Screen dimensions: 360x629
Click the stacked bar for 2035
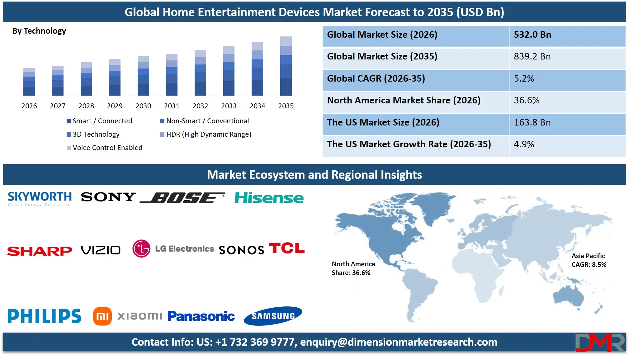click(x=286, y=66)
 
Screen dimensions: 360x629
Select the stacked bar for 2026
click(x=29, y=82)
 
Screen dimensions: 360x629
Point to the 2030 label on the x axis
click(x=143, y=106)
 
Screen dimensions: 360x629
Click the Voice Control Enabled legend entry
click(x=104, y=148)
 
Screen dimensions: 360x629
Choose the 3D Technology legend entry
click(x=93, y=134)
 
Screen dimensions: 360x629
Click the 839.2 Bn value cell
click(x=532, y=56)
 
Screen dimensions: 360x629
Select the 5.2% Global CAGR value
click(x=524, y=78)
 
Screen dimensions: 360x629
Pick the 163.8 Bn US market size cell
click(x=532, y=122)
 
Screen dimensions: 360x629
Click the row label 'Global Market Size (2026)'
click(x=382, y=35)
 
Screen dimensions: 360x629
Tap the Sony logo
click(x=108, y=197)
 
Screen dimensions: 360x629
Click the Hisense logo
click(x=269, y=198)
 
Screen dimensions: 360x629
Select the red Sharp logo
click(x=40, y=251)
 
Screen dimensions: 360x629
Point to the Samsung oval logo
click(x=273, y=316)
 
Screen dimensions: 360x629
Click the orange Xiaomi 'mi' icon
click(x=102, y=316)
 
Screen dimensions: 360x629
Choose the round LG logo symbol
click(x=141, y=249)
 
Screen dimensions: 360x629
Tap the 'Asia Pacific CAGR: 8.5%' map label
click(x=589, y=260)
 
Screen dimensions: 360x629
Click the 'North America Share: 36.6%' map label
click(x=353, y=268)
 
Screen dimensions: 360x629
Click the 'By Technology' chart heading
click(x=39, y=31)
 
